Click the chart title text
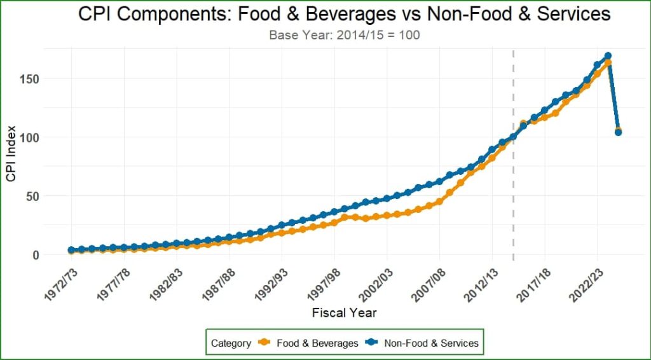[x=344, y=14]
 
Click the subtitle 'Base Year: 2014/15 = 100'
[x=344, y=35]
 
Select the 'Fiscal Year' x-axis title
[x=344, y=313]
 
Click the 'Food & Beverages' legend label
[x=317, y=343]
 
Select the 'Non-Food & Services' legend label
[x=431, y=343]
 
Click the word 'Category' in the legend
[x=231, y=343]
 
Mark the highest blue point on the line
[x=608, y=57]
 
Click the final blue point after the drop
[x=618, y=132]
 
